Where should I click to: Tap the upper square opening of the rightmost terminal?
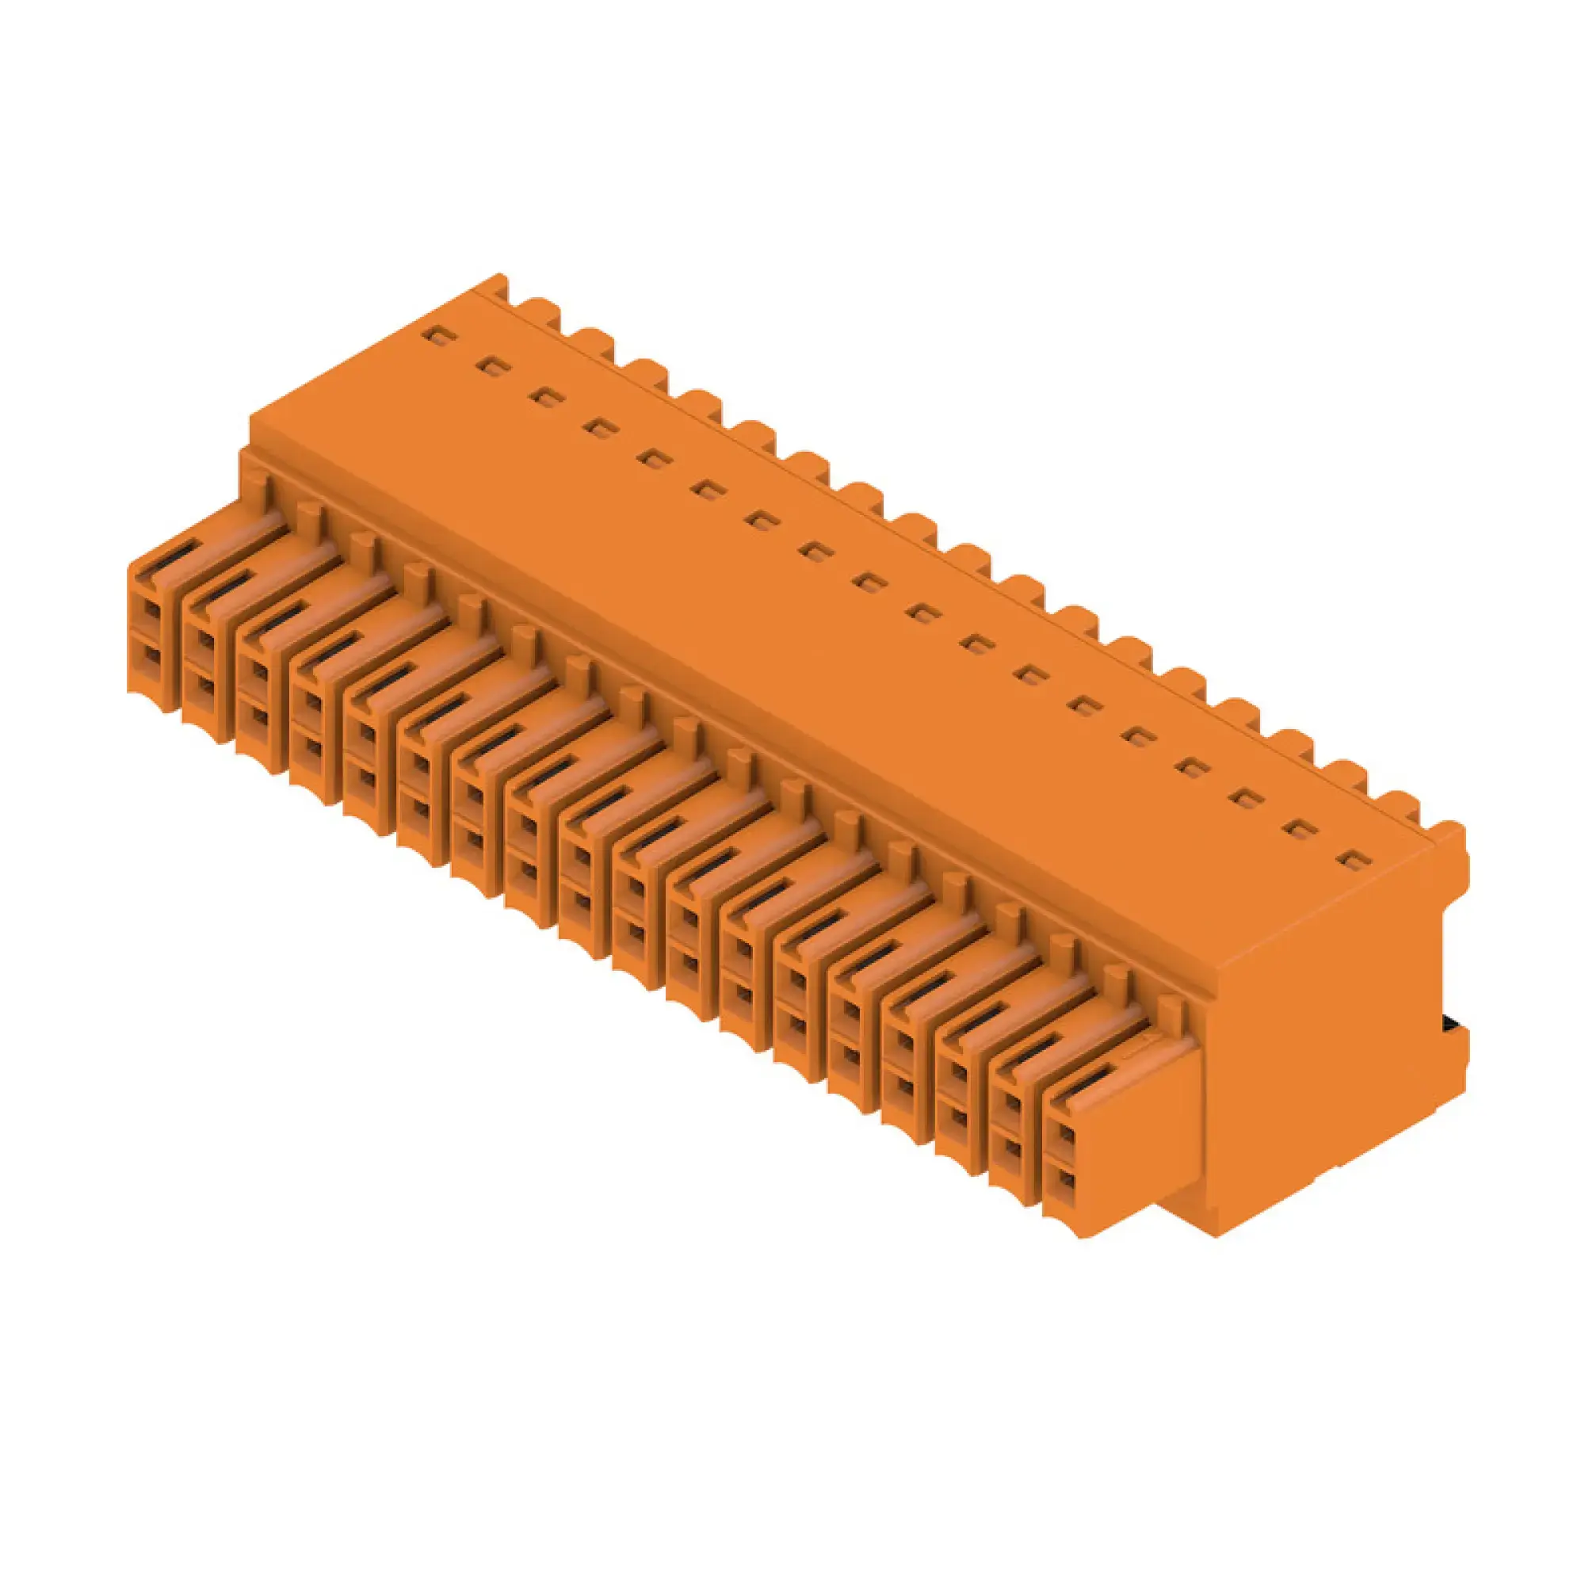click(1065, 1136)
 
